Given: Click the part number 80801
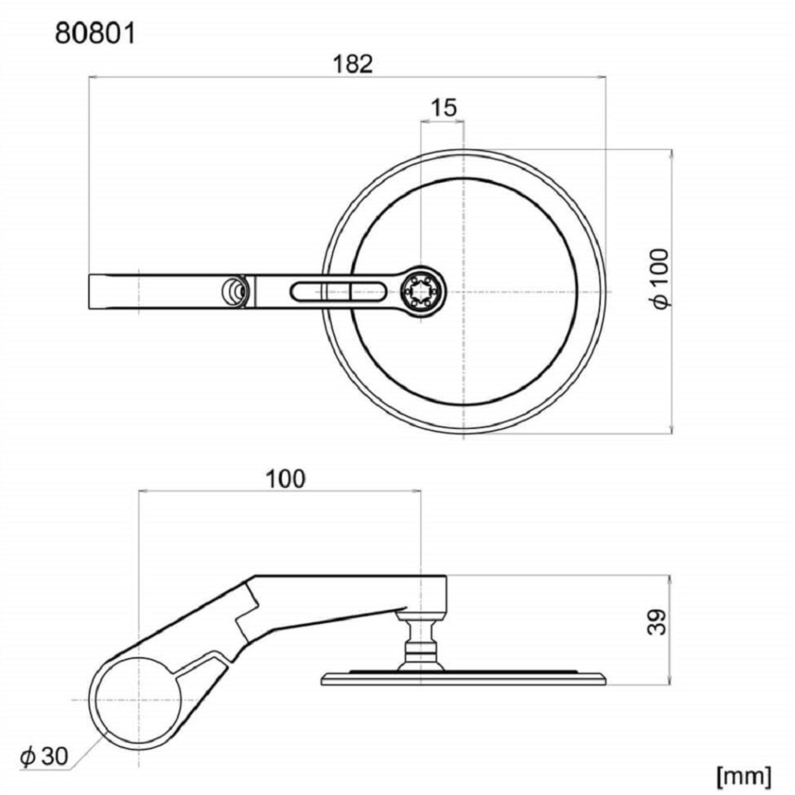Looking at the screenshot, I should (x=95, y=34).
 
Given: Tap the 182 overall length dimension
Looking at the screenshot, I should (x=352, y=65).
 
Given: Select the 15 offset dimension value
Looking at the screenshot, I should (x=443, y=108).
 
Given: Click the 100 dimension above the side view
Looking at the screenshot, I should (x=286, y=479).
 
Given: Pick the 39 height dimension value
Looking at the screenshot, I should (x=658, y=622).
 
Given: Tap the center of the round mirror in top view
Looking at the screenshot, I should (x=464, y=292).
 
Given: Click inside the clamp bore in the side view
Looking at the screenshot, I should (x=138, y=700).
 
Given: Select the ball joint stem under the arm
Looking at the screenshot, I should (x=420, y=641).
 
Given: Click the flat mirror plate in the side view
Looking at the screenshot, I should (x=463, y=679).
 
